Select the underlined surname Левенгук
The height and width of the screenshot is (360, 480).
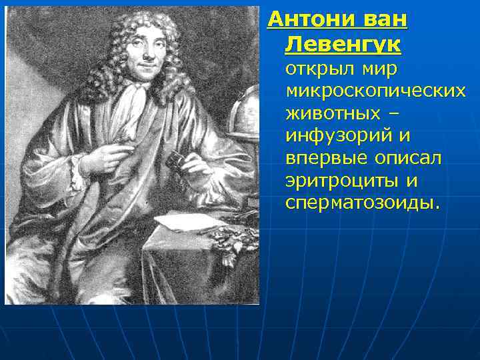point(343,45)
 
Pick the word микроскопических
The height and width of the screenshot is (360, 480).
point(375,91)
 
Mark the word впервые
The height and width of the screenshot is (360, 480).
point(321,158)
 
